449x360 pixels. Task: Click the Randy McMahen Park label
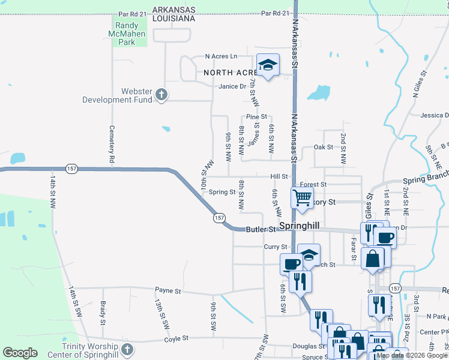click(127, 34)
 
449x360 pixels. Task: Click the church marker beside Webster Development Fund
click(161, 94)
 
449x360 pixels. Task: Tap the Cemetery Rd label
click(112, 145)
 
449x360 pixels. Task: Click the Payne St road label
click(168, 291)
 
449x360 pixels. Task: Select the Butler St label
click(262, 229)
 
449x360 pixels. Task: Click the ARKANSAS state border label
click(174, 10)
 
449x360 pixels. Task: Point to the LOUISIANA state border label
click(174, 19)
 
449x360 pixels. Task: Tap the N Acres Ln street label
click(221, 56)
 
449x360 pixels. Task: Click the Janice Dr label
click(232, 86)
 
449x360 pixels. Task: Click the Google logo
click(20, 353)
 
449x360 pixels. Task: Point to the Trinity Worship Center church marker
click(126, 349)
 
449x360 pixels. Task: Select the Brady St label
click(103, 312)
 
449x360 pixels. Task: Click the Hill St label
click(279, 176)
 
